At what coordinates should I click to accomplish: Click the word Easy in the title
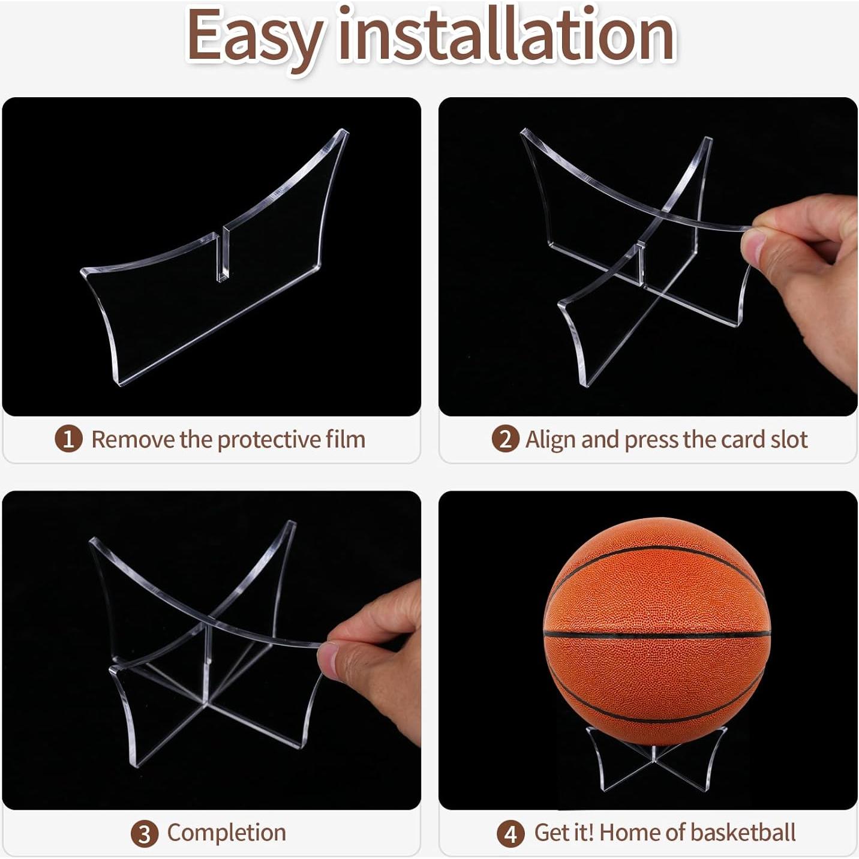coord(255,36)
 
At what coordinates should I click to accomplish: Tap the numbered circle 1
coord(68,439)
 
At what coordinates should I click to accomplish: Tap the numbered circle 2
coord(505,439)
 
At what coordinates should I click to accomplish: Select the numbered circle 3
coord(144,834)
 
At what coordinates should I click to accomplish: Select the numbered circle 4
coord(510,834)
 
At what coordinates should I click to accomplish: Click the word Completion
coord(226,833)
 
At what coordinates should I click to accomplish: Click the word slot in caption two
coord(789,439)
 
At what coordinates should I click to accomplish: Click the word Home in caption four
coord(629,833)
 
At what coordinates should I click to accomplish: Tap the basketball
coord(656,624)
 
